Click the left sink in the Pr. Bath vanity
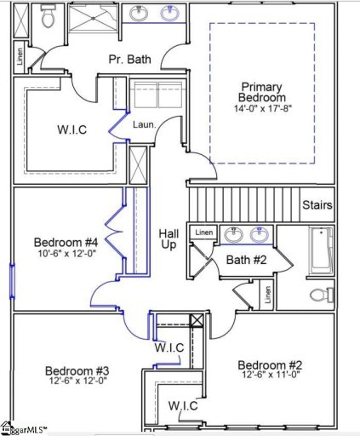(139, 14)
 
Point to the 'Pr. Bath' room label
(129, 60)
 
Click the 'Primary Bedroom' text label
(260, 94)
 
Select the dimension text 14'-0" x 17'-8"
(260, 108)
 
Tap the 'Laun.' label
(144, 124)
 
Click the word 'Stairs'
(317, 205)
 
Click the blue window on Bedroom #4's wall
(12, 278)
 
